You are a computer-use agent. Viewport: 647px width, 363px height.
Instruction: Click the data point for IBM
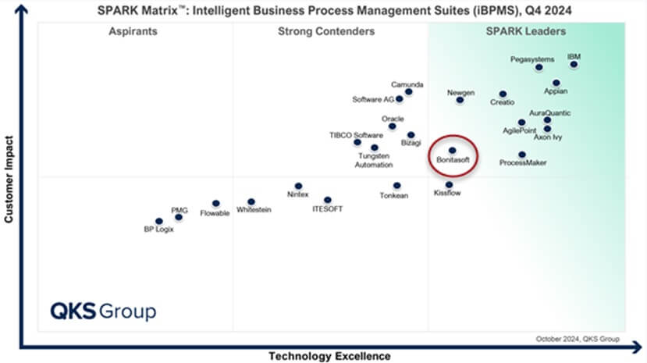click(x=574, y=65)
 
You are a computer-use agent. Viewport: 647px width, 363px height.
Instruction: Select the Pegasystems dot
click(x=539, y=68)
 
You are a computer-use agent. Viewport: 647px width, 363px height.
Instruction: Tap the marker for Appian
click(x=556, y=82)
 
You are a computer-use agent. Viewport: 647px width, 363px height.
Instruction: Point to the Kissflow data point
click(x=449, y=184)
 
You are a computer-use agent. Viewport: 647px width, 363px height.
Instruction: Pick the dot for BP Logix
click(x=158, y=221)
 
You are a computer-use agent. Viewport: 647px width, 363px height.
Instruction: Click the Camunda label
click(x=407, y=83)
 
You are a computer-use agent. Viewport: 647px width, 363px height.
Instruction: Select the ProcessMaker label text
click(x=522, y=162)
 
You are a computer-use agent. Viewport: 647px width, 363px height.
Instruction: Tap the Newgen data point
click(x=460, y=100)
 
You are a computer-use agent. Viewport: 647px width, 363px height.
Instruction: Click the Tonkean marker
click(x=396, y=186)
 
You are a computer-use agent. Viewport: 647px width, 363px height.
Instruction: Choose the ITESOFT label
click(x=327, y=209)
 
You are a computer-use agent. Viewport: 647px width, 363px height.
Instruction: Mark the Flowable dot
click(x=216, y=204)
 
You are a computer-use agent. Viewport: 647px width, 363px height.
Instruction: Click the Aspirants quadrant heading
click(x=133, y=31)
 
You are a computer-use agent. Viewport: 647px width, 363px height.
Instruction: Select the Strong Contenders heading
click(x=325, y=31)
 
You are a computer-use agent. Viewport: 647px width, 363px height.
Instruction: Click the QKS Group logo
click(x=103, y=310)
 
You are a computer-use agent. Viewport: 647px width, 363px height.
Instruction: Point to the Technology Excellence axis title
click(x=329, y=356)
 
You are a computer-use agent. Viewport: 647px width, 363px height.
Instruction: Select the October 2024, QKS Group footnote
click(x=577, y=339)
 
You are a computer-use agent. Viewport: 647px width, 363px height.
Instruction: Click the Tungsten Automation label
click(x=373, y=160)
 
